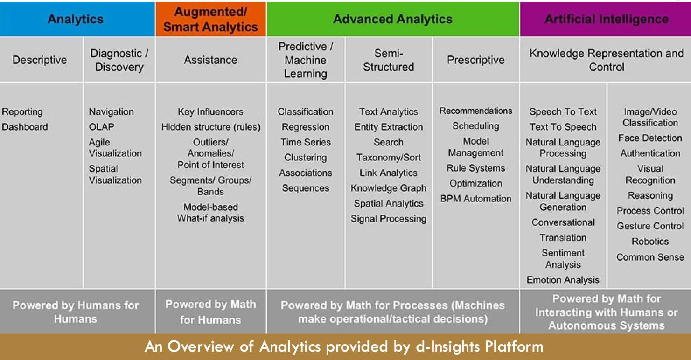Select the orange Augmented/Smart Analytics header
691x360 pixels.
click(x=211, y=19)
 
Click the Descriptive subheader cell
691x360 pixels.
click(x=40, y=60)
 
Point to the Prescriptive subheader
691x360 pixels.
click(x=476, y=60)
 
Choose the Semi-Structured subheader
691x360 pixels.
click(x=388, y=60)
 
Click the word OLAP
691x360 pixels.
click(x=102, y=127)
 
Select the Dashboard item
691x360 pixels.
click(x=25, y=127)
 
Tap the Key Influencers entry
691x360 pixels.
click(x=210, y=111)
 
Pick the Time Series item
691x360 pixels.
click(x=306, y=142)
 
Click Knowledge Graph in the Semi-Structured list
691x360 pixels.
click(x=388, y=188)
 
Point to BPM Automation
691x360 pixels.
click(x=476, y=199)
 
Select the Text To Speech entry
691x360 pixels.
click(x=563, y=127)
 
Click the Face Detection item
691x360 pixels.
click(x=650, y=138)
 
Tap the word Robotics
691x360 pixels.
click(x=650, y=242)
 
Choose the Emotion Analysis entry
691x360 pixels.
click(x=563, y=280)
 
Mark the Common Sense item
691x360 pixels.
click(x=650, y=257)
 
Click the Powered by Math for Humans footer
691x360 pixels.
click(x=211, y=312)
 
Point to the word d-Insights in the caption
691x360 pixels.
click(x=447, y=346)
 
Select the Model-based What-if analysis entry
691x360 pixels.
click(x=210, y=213)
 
